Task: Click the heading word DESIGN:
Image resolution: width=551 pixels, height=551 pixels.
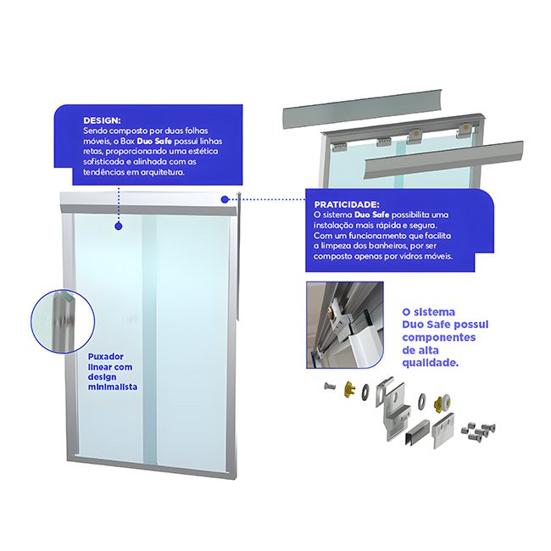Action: (102, 120)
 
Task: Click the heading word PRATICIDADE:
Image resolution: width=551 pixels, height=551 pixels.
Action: (347, 204)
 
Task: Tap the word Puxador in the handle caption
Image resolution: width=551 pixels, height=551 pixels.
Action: (105, 357)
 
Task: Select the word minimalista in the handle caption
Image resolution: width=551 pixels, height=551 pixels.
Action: (113, 387)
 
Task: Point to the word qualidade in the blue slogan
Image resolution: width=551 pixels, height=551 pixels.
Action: (430, 363)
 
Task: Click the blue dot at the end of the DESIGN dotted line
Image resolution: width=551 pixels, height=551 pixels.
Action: (119, 226)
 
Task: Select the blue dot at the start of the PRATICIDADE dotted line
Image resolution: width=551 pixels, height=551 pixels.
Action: (225, 199)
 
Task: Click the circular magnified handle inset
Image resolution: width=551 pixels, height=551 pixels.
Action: (63, 320)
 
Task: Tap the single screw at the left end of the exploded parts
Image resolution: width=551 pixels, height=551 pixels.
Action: (330, 387)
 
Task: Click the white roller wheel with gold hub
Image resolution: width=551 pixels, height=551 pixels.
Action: (443, 402)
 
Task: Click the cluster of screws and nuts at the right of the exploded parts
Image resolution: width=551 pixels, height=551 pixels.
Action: (478, 431)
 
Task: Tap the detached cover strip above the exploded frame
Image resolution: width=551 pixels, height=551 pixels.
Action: (363, 109)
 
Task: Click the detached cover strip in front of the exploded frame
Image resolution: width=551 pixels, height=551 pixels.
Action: (444, 160)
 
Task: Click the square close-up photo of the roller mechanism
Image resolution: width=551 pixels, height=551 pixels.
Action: (345, 325)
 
